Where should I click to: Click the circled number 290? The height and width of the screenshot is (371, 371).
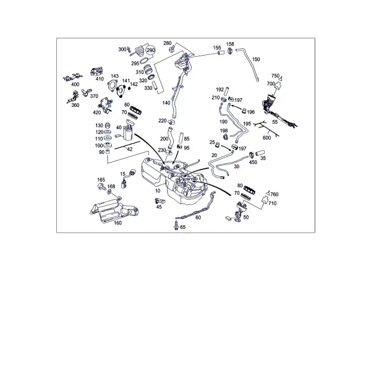[151, 50]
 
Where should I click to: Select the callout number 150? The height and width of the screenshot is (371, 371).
[256, 59]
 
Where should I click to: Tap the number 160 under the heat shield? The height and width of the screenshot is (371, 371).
[117, 223]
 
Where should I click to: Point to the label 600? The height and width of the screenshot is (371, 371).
[267, 138]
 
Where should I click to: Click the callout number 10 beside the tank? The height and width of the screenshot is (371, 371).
[158, 190]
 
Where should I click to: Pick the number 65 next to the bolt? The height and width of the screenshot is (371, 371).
[183, 227]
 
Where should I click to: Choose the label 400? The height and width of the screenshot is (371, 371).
[75, 85]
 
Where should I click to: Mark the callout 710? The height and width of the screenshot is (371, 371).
[273, 203]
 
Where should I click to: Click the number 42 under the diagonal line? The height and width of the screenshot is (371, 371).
[130, 149]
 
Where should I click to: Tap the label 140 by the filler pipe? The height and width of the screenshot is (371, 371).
[166, 103]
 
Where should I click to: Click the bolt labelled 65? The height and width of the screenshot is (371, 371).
[176, 225]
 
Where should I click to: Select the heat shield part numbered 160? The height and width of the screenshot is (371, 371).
[114, 211]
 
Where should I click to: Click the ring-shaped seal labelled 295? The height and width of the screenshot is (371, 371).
[144, 61]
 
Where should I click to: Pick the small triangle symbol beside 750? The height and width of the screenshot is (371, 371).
[281, 79]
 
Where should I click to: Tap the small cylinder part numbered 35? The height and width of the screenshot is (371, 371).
[260, 153]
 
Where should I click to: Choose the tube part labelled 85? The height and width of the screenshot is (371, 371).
[181, 138]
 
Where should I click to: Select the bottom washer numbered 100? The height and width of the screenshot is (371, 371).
[108, 145]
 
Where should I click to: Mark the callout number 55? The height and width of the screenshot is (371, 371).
[275, 122]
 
